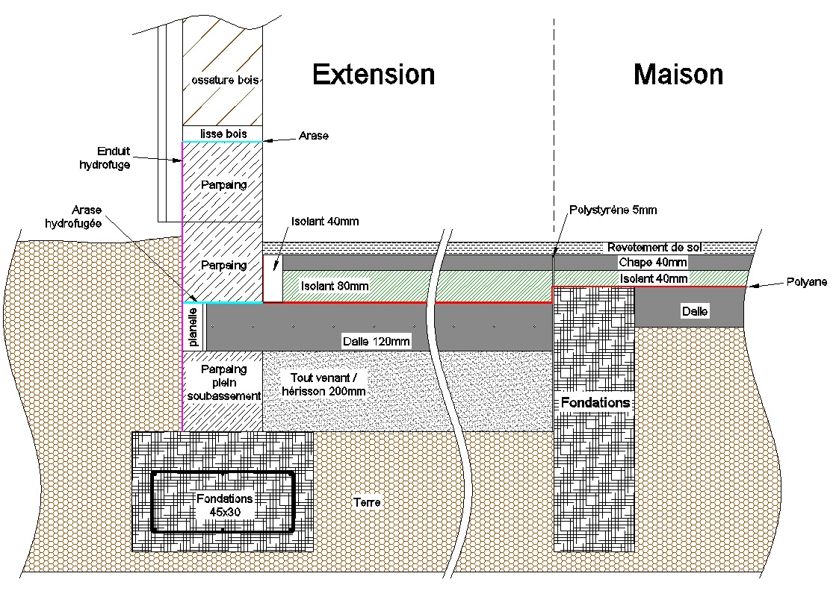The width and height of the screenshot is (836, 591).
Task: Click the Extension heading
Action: tap(374, 75)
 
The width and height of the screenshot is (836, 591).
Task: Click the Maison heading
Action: tap(678, 75)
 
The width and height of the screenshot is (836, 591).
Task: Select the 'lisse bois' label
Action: tap(223, 134)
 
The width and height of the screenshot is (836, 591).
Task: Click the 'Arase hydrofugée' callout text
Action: tap(93, 216)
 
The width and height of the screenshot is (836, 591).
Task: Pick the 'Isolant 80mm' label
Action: tap(335, 286)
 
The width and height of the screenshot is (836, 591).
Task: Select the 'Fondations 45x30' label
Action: tap(224, 504)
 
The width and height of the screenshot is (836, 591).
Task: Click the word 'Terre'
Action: tap(366, 502)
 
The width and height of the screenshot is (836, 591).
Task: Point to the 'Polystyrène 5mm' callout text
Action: tap(613, 210)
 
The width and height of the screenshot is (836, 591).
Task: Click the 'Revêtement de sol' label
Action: tap(653, 248)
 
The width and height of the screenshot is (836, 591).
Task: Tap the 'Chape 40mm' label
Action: tap(652, 263)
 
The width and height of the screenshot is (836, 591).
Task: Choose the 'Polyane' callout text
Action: tap(805, 282)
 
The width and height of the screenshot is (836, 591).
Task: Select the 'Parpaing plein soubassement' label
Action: tap(223, 382)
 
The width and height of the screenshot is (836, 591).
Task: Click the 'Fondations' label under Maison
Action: tap(595, 403)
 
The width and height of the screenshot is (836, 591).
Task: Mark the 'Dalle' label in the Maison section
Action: tap(694, 310)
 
